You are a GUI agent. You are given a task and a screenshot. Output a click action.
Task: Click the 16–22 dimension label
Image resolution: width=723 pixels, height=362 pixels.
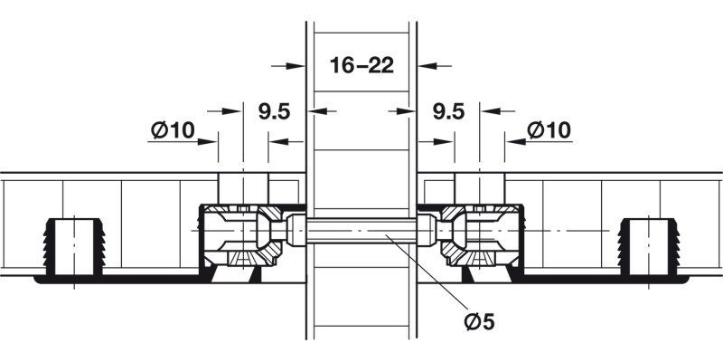361,66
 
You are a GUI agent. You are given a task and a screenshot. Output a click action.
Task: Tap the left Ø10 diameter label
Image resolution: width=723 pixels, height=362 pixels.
173,130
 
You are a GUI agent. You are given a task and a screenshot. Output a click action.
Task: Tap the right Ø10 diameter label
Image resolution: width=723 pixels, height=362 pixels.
549,130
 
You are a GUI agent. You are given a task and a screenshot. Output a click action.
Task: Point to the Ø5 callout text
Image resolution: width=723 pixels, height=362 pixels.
483,321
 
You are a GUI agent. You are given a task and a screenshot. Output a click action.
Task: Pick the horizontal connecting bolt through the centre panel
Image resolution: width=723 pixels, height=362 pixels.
361,232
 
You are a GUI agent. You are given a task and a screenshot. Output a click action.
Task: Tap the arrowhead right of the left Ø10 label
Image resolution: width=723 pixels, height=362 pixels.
210,140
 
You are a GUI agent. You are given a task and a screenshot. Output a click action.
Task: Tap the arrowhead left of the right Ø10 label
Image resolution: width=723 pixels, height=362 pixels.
513,140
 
